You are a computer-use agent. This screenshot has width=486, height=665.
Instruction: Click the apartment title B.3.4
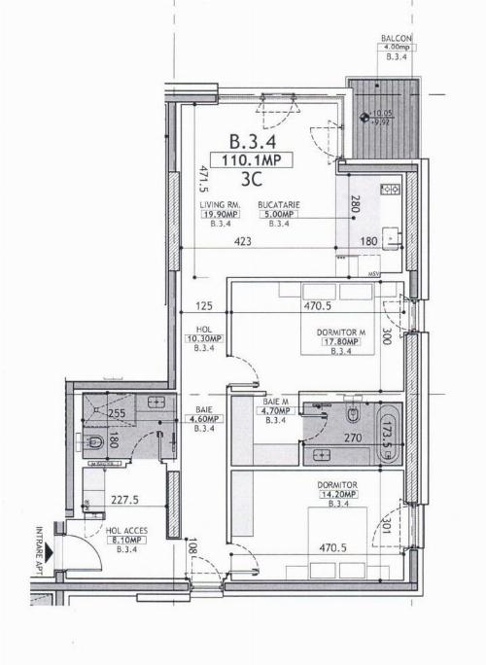tap(252, 140)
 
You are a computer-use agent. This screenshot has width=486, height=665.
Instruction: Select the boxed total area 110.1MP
tap(252, 160)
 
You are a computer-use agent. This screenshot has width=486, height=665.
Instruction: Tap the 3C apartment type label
tap(252, 179)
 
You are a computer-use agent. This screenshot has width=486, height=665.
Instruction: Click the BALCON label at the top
tap(397, 40)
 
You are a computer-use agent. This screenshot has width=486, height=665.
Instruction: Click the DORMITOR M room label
tap(340, 332)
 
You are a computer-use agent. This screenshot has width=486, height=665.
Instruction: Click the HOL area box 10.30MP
tap(208, 338)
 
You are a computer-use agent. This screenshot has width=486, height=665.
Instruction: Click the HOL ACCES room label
tap(126, 531)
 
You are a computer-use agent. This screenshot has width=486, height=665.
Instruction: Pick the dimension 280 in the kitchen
tap(356, 205)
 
